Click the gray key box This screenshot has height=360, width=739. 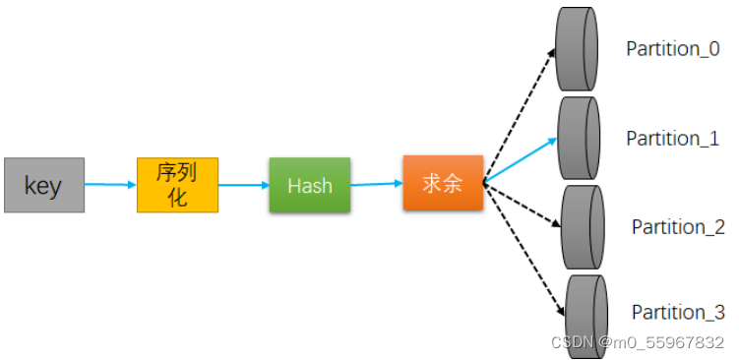tap(44, 185)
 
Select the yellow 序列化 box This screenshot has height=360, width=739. tap(177, 184)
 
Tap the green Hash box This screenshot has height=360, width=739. tap(309, 184)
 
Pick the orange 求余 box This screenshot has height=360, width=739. tap(443, 182)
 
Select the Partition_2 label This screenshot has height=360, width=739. tap(678, 227)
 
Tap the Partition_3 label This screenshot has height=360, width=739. tap(678, 312)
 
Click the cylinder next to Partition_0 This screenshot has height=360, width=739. tap(578, 49)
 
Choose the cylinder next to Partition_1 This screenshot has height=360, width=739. tap(579, 137)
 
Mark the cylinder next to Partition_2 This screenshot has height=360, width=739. tap(583, 226)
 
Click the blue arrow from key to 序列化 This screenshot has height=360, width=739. tap(110, 184)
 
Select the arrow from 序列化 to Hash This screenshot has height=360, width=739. tap(243, 184)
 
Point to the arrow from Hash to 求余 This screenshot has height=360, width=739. tap(375, 183)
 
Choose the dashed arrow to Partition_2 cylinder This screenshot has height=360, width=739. tap(522, 205)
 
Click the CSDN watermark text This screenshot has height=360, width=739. tap(637, 342)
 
